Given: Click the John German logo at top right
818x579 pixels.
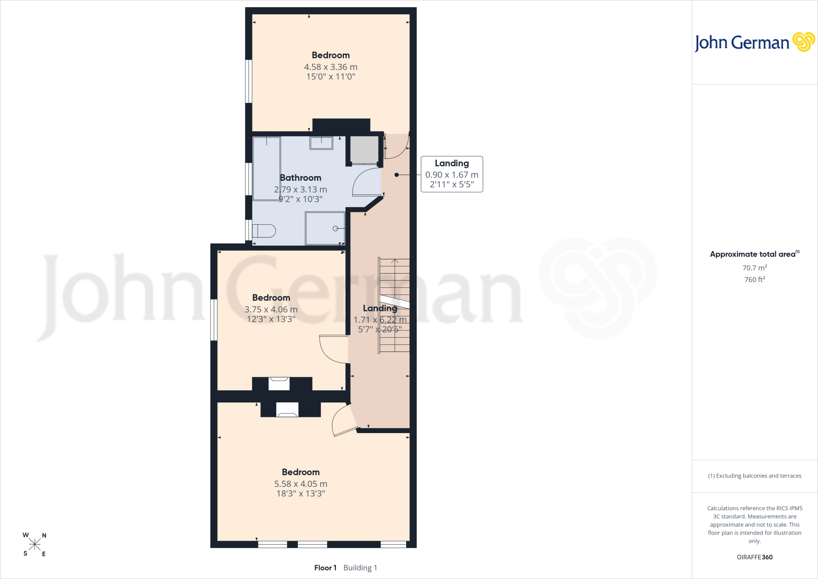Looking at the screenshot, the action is (x=754, y=42).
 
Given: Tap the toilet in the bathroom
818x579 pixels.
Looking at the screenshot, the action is (x=264, y=231).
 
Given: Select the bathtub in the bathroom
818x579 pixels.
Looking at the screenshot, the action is (x=267, y=168).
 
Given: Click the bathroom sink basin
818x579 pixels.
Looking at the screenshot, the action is (x=321, y=143).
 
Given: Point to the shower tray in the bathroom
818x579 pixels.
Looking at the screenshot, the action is (x=325, y=228).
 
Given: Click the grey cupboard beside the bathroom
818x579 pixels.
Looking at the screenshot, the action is (x=364, y=150).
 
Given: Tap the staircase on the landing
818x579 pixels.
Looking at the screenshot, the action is (x=394, y=305).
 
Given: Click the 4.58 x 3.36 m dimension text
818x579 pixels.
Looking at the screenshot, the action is (x=331, y=67).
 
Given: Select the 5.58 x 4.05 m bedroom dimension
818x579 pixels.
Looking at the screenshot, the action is (x=301, y=484).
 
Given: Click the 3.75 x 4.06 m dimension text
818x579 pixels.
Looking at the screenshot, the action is (x=271, y=309).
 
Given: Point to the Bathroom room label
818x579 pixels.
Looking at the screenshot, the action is (x=301, y=178).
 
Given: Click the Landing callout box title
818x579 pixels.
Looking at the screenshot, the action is (x=452, y=163).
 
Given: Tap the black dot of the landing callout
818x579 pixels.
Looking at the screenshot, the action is (x=397, y=175).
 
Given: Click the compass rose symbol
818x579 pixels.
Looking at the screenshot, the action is (x=35, y=544).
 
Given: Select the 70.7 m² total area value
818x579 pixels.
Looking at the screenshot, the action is (x=754, y=268).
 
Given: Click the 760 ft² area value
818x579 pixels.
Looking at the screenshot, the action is (x=754, y=279).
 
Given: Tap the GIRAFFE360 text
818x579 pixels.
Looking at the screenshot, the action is (x=754, y=557).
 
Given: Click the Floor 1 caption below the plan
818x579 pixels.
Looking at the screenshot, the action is (x=325, y=568).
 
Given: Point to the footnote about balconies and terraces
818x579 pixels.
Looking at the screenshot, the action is (x=754, y=476).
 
